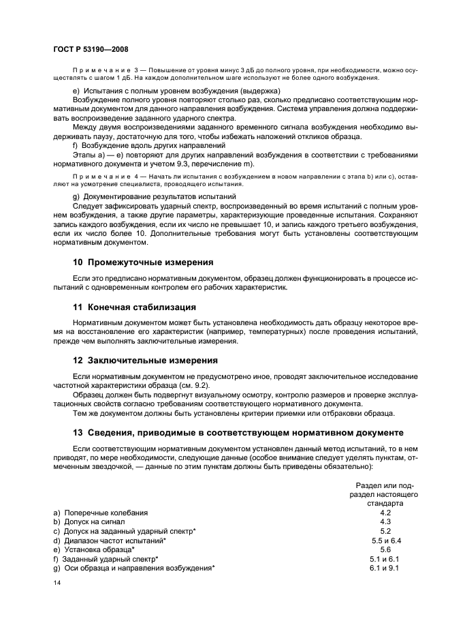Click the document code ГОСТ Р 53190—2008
[91, 49]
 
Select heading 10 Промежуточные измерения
[143, 262]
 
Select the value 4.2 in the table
[385, 512]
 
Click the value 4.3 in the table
[385, 521]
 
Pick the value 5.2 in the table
[385, 530]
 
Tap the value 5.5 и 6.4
[385, 540]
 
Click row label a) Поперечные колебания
[101, 512]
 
